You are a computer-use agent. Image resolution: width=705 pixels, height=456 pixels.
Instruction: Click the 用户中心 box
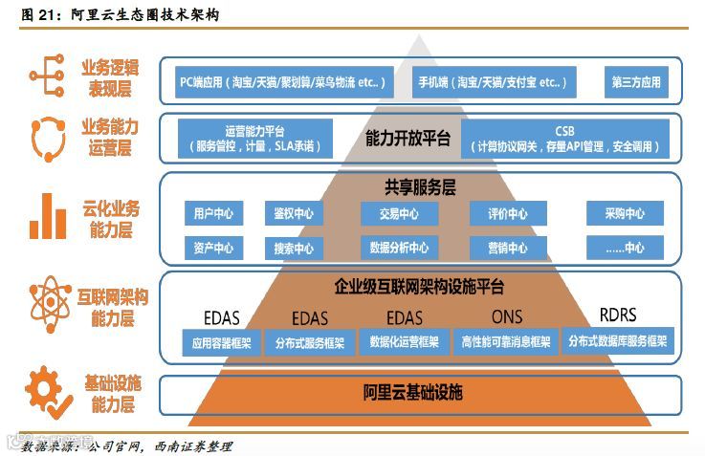click(212, 214)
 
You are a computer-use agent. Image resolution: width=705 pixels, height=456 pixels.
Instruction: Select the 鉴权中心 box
click(293, 214)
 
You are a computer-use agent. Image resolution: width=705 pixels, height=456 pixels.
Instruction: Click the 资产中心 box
click(212, 248)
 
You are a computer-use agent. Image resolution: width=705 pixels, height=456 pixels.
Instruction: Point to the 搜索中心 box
click(293, 248)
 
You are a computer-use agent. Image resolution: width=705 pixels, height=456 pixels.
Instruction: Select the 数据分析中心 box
click(399, 248)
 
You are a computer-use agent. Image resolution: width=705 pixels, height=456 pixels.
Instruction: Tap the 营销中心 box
click(507, 248)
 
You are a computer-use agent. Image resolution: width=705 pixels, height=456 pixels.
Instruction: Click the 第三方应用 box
click(636, 82)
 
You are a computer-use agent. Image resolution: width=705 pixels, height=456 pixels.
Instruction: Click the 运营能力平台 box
click(253, 139)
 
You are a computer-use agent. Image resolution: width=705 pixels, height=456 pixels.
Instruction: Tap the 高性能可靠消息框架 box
click(505, 340)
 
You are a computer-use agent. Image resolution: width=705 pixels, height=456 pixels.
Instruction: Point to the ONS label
click(507, 316)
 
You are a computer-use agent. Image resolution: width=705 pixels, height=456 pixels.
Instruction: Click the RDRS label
click(617, 315)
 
